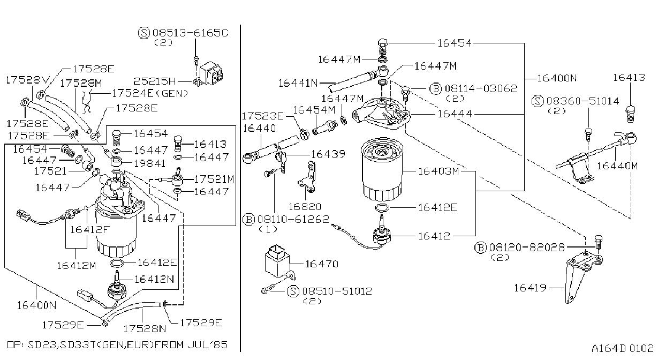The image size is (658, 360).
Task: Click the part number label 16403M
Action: tap(438, 171)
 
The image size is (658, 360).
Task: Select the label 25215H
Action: tap(155, 81)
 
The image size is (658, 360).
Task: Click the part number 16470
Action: tap(322, 264)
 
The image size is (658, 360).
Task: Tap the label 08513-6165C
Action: tap(191, 33)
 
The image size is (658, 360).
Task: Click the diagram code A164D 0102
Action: tap(623, 348)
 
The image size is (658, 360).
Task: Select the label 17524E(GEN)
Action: tap(150, 93)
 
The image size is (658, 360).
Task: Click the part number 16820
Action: tap(305, 207)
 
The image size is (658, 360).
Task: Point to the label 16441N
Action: tap(298, 83)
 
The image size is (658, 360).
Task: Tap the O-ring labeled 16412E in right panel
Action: tap(382, 208)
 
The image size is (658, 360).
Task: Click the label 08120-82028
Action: tap(527, 247)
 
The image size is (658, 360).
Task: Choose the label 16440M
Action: tap(617, 166)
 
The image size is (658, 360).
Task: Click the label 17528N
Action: tap(145, 328)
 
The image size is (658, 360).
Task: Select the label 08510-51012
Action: tap(337, 291)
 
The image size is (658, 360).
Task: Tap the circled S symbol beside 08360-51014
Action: tap(538, 101)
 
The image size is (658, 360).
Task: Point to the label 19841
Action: tap(149, 164)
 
